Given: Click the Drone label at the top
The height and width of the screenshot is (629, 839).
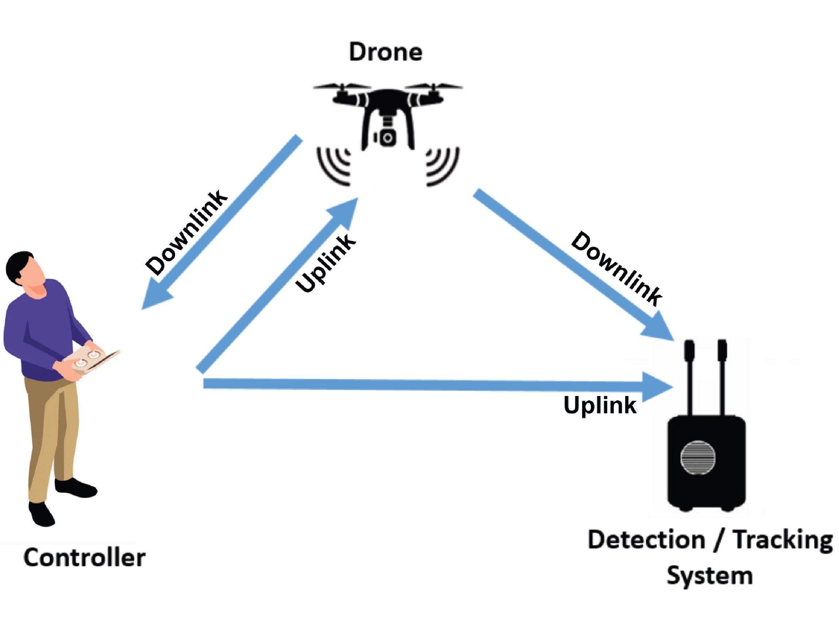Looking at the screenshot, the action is point(385,52).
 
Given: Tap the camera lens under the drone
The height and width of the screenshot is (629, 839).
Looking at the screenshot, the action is point(387,138).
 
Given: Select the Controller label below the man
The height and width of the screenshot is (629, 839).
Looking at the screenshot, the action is point(85,557).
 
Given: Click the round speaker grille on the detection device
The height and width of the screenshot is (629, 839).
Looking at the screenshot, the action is point(698,458).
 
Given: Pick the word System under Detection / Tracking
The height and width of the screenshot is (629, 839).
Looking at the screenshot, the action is point(710,576).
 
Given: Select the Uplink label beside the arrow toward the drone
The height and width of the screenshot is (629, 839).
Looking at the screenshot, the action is point(326,263).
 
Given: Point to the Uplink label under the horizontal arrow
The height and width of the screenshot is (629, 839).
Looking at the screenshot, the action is point(600,405).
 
